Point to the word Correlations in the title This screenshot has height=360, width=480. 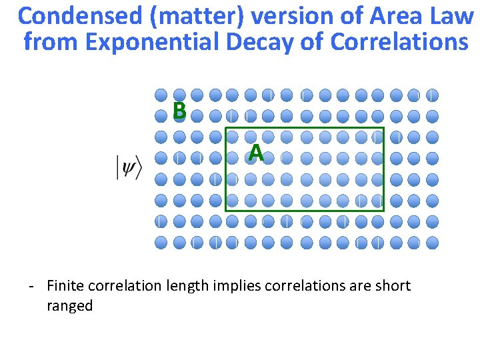[x=399, y=41]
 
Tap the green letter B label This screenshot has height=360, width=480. [x=179, y=111]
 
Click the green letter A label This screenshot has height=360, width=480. [x=256, y=154]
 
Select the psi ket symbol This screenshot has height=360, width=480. [x=129, y=167]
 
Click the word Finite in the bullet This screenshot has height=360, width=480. [x=65, y=286]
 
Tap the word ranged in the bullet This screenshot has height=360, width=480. [x=69, y=307]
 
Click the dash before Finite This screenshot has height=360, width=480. [x=31, y=287]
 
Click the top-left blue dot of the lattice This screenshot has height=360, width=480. [x=161, y=95]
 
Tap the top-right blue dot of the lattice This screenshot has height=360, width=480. [x=432, y=95]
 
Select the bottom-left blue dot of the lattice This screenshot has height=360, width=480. [x=161, y=242]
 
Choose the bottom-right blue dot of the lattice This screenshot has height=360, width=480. [x=432, y=242]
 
